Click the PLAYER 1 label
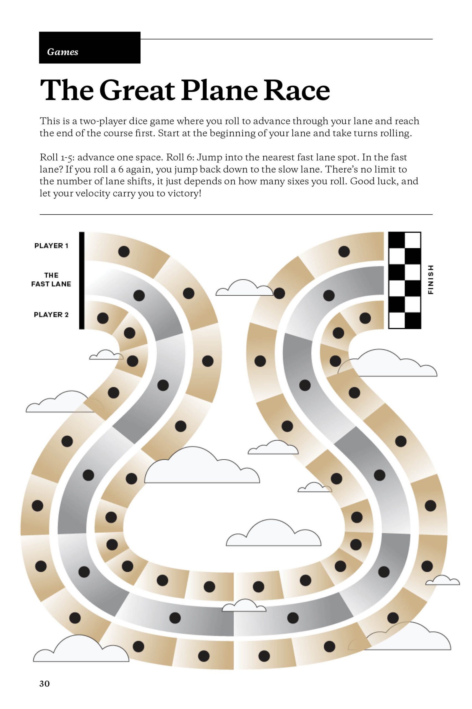pyautogui.click(x=51, y=246)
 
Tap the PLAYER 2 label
pyautogui.click(x=51, y=315)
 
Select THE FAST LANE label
pyautogui.click(x=51, y=279)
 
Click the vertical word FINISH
pyautogui.click(x=431, y=280)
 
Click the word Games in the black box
pyautogui.click(x=62, y=52)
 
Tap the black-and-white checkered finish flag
pyautogui.click(x=405, y=280)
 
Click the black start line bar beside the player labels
pyautogui.click(x=82, y=280)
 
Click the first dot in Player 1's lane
pyautogui.click(x=124, y=251)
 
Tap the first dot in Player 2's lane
pyautogui.click(x=103, y=318)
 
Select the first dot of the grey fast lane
pyautogui.click(x=139, y=296)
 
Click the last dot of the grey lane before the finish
pyautogui.click(x=329, y=295)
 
